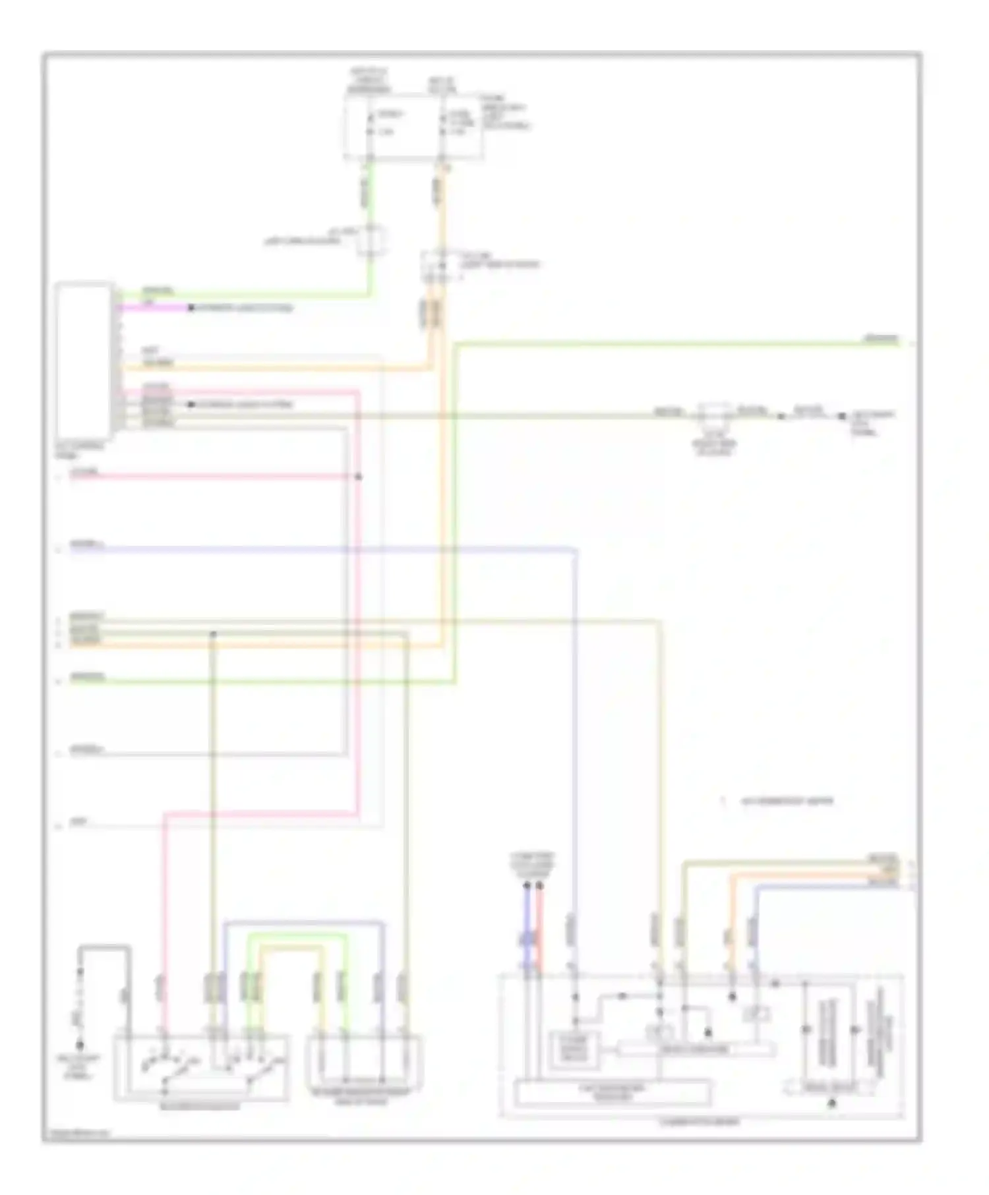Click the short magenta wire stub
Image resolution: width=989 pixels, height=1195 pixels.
[155, 308]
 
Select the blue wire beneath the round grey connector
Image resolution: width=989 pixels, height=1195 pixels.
[527, 923]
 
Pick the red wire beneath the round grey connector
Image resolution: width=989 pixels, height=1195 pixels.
[540, 923]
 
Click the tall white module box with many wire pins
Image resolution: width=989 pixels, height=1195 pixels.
[84, 361]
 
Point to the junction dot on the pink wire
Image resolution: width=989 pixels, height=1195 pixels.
[359, 477]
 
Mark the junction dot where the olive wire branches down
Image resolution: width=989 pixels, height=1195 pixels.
[213, 634]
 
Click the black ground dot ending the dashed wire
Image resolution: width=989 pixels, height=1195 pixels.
[80, 1045]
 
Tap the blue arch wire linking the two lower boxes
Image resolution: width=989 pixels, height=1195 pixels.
[303, 922]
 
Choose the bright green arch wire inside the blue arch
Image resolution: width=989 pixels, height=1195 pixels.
[297, 935]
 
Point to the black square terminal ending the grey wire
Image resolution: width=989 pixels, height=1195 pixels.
[842, 417]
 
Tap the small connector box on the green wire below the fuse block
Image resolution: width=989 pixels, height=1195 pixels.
[371, 240]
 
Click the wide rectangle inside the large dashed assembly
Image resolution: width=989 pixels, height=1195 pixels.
[613, 1093]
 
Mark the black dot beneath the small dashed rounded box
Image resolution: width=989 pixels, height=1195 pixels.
[832, 1103]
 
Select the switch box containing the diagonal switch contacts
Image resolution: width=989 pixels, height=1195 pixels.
[202, 1068]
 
